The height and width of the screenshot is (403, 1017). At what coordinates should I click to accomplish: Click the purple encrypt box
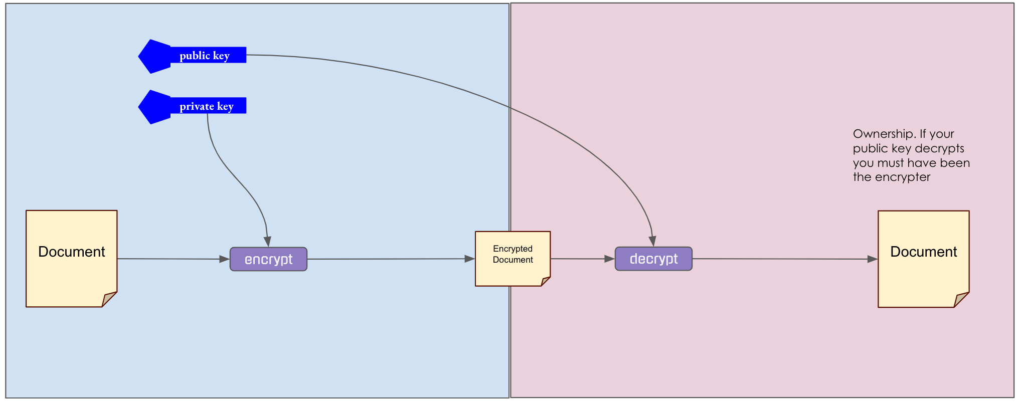[268, 259]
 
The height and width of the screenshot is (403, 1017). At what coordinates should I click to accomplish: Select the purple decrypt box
[653, 259]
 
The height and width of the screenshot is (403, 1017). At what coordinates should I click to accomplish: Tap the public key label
[205, 55]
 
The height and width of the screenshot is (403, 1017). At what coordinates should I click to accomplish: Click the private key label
[207, 106]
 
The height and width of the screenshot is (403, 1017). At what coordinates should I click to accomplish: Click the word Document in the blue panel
[72, 252]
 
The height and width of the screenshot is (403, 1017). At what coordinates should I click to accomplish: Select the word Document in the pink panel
[923, 252]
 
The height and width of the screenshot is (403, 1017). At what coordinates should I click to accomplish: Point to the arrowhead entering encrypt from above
[268, 242]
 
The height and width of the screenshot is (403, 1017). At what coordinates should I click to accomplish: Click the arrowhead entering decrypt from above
[652, 241]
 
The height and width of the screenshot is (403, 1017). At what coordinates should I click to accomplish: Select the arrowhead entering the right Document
[872, 259]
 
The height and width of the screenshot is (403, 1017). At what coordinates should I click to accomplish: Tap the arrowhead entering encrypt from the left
[224, 259]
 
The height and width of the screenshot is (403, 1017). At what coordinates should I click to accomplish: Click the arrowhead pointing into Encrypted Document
[469, 259]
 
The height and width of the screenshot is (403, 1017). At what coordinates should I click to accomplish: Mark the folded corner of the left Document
[109, 299]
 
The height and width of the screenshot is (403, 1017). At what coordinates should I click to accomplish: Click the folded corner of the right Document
[961, 300]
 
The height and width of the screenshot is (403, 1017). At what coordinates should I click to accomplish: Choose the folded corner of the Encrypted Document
[546, 281]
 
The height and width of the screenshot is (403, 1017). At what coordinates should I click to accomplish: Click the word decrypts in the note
[943, 148]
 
